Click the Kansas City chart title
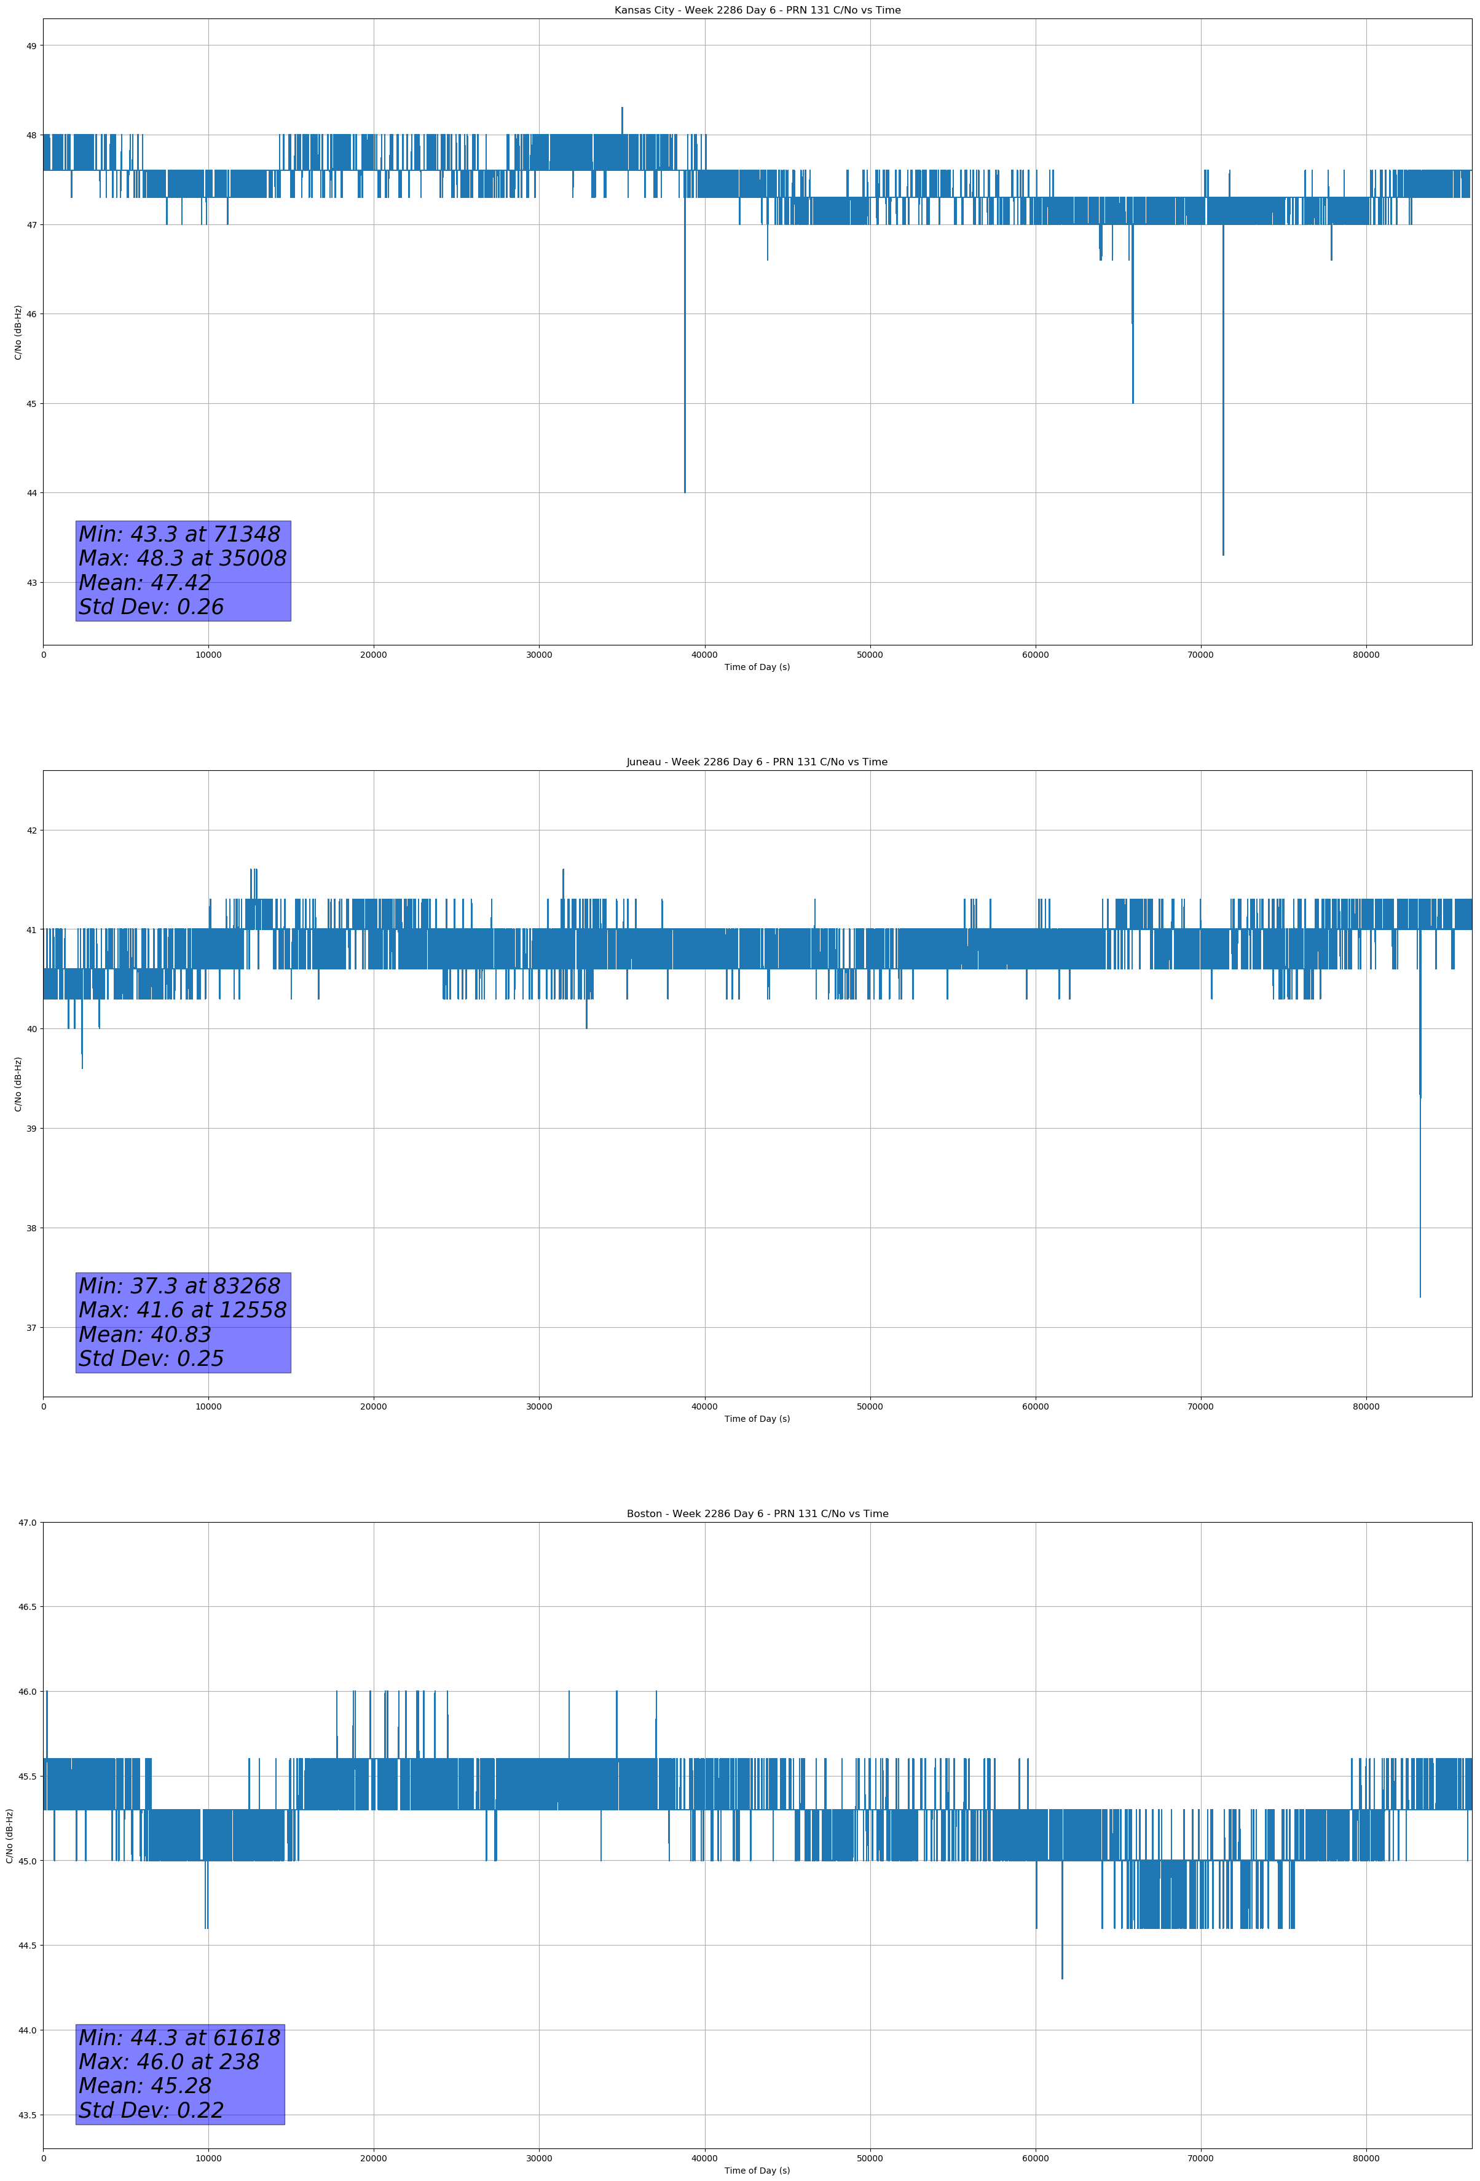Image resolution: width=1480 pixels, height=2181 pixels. [757, 10]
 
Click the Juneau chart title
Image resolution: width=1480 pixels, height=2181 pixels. [757, 762]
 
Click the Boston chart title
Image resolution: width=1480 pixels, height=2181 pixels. [757, 1514]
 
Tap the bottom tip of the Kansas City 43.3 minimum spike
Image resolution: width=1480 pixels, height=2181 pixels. [1223, 554]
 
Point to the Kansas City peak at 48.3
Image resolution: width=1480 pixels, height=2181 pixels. [621, 108]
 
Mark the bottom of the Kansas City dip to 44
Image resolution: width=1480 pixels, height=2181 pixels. [685, 492]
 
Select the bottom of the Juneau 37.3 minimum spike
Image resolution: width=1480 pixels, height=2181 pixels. [1420, 1297]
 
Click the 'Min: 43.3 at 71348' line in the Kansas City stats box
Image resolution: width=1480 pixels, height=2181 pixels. [179, 534]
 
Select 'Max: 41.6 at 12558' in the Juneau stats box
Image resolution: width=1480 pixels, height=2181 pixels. [182, 1310]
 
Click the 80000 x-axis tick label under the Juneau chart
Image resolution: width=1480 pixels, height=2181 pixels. [1366, 1406]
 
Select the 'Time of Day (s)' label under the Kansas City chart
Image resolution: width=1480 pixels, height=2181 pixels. [757, 667]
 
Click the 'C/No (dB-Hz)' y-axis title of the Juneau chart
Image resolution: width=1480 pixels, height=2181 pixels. [18, 1084]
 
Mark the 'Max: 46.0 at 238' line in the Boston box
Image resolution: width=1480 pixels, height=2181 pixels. [169, 2062]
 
